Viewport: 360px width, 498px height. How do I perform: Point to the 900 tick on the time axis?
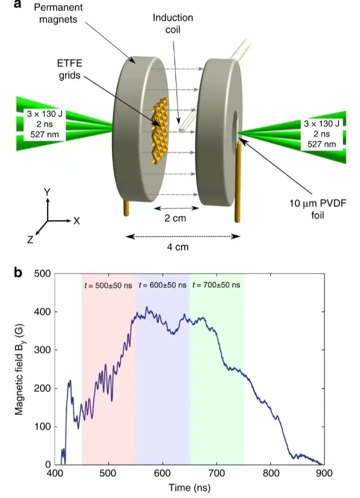coord(324,472)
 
